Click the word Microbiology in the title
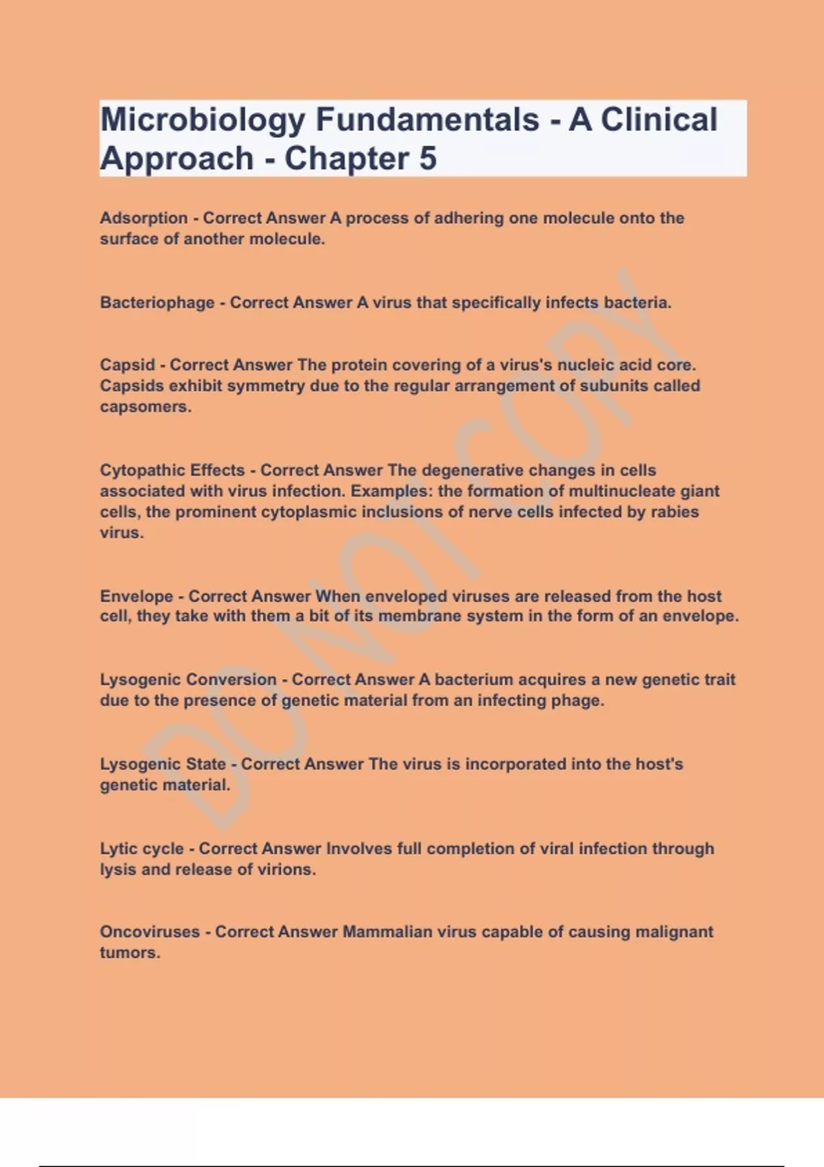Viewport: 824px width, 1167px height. tap(203, 120)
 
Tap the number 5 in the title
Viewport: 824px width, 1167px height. tap(427, 159)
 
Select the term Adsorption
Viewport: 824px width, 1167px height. tap(144, 218)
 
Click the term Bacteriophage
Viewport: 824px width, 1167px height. tap(157, 303)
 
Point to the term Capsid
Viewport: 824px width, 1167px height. tap(127, 365)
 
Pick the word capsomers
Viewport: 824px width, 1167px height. tap(144, 406)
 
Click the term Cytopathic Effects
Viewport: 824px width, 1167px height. tap(172, 470)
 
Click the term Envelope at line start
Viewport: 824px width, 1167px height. tap(136, 596)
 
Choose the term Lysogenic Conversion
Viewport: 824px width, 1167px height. tap(188, 680)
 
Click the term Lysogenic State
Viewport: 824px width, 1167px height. tap(163, 764)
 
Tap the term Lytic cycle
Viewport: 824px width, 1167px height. tap(141, 848)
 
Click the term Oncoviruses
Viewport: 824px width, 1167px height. tap(150, 932)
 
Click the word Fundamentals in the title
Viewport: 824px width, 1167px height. tap(427, 120)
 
